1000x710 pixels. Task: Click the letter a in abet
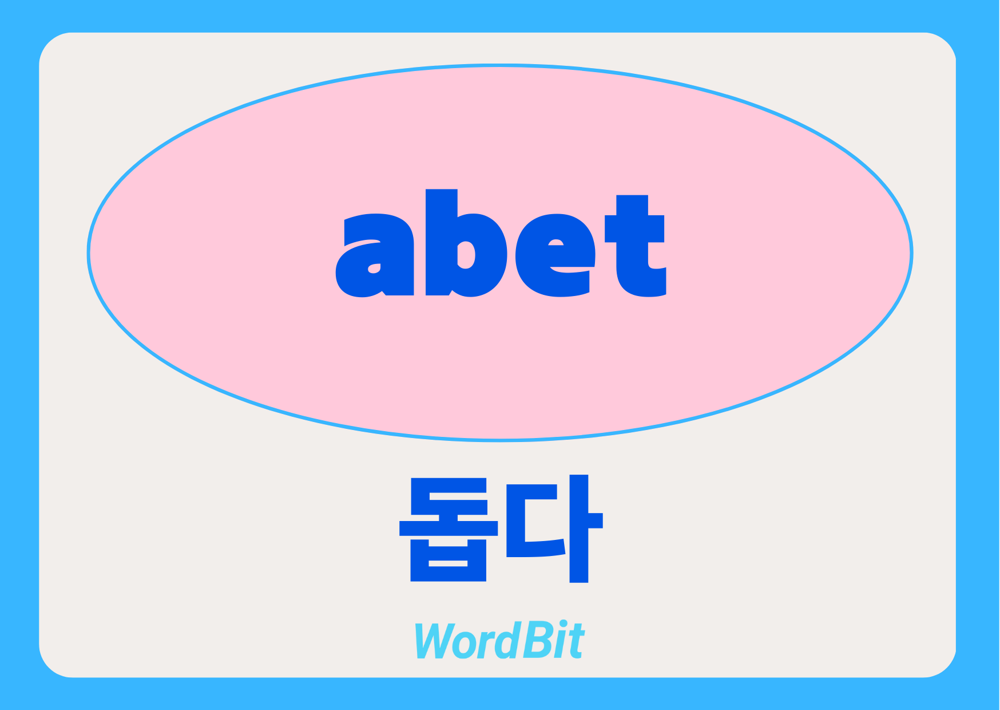click(x=375, y=255)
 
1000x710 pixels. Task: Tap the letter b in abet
click(x=466, y=243)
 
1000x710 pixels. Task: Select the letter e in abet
click(x=555, y=255)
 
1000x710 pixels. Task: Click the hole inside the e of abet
click(x=556, y=242)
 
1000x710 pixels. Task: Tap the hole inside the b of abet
click(x=466, y=255)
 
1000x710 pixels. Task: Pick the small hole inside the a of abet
click(x=374, y=268)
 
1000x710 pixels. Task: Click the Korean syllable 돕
click(x=449, y=530)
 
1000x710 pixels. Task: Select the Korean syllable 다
click(x=554, y=529)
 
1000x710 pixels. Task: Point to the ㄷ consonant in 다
click(x=535, y=521)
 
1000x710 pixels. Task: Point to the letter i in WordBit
click(x=559, y=640)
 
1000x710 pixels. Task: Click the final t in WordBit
click(x=576, y=642)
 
